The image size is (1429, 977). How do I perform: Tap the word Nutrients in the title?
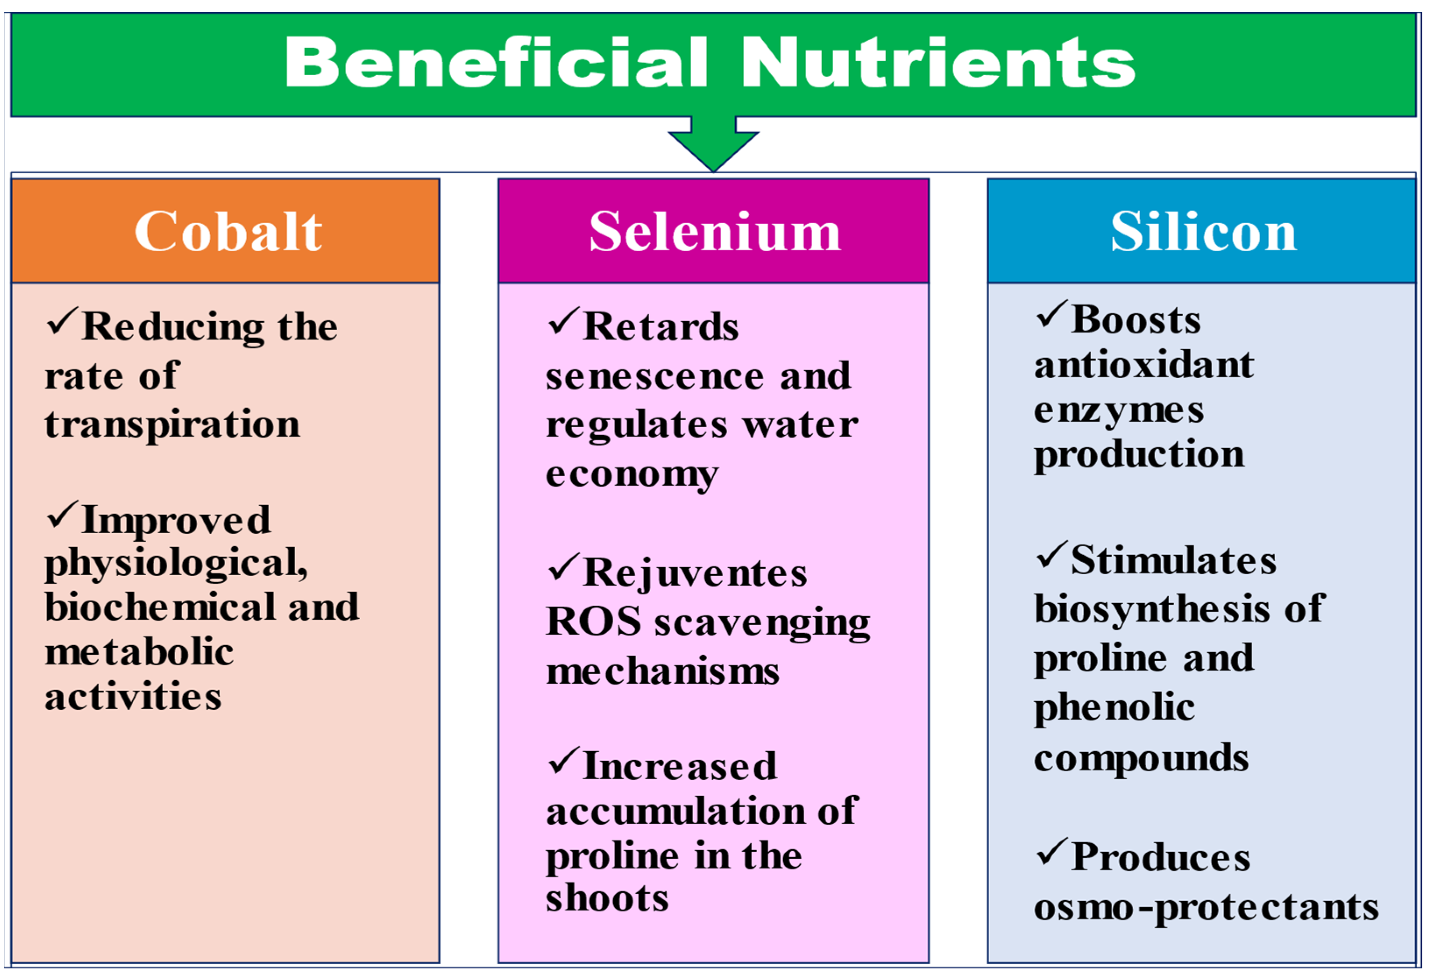click(x=938, y=62)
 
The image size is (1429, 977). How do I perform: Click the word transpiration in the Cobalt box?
click(x=173, y=425)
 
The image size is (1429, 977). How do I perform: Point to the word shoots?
click(x=607, y=898)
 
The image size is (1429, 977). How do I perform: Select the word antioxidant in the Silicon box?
click(x=1144, y=365)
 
